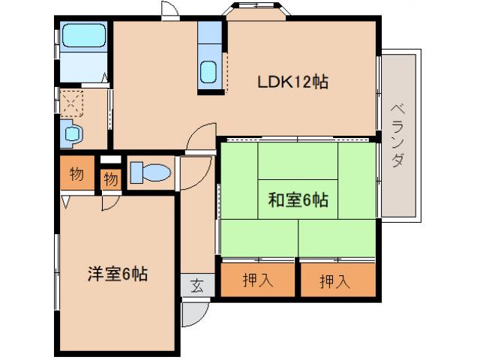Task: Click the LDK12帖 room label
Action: click(x=292, y=81)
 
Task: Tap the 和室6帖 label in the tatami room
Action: click(x=298, y=199)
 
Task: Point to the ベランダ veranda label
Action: click(x=398, y=136)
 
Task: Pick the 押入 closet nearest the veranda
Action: click(x=334, y=280)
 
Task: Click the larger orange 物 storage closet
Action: click(x=76, y=174)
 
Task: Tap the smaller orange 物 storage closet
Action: click(x=110, y=179)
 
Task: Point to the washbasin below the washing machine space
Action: click(x=72, y=134)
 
